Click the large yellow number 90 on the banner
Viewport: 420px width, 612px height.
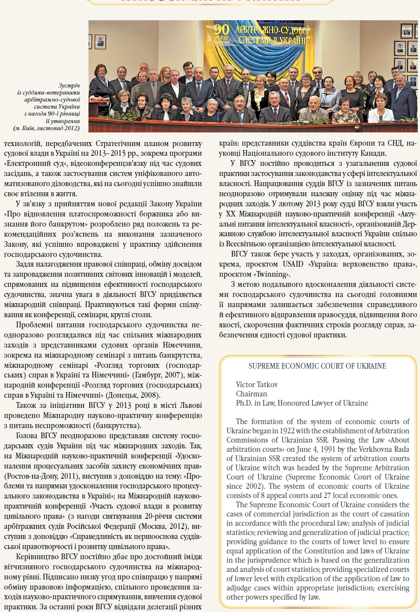click(x=221, y=30)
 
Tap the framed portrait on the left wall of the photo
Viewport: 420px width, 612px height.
click(x=100, y=42)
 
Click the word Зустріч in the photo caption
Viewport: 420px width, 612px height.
click(x=69, y=85)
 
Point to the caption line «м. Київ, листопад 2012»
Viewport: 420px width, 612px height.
click(x=47, y=128)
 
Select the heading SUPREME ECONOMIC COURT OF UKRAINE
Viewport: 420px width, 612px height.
click(x=317, y=366)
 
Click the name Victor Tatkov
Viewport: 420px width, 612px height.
click(x=257, y=385)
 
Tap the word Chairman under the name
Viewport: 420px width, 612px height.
click(x=251, y=394)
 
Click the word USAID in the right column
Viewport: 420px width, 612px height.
click(x=293, y=264)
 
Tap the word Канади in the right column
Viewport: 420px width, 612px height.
click(x=374, y=153)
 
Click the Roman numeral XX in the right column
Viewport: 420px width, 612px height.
click(x=230, y=214)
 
